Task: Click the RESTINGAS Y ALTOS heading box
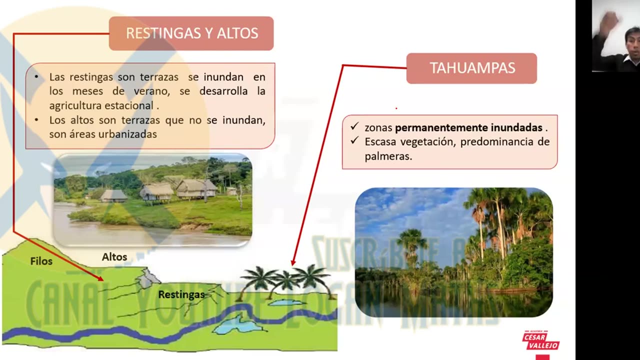pos(191,33)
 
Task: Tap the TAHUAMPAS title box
pos(471,68)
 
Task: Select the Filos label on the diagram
pos(41,261)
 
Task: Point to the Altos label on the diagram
pos(114,257)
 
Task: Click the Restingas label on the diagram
pos(181,294)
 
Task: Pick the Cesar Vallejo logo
pos(540,341)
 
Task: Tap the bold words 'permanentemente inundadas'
pos(468,128)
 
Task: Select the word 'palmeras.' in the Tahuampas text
pos(388,156)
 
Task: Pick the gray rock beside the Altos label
pos(147,278)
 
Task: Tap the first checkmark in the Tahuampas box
pos(354,127)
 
